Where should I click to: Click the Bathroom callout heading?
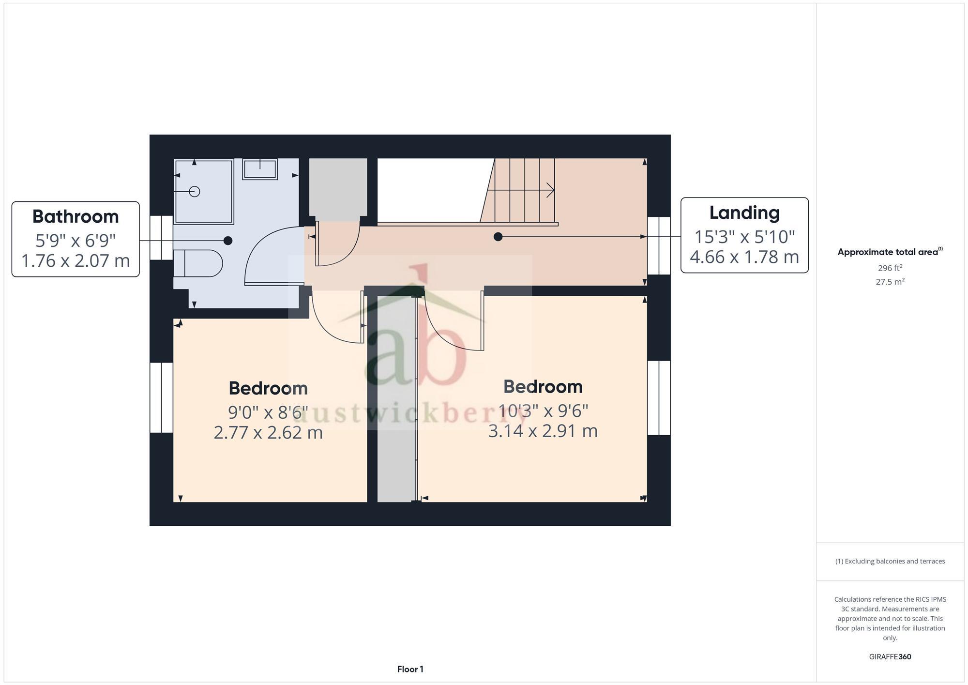pos(76,216)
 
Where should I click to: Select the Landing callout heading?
pos(744,213)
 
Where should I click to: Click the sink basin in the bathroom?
pos(260,169)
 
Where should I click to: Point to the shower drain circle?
pos(195,192)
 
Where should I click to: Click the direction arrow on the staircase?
pos(549,190)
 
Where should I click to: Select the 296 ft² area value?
pos(890,268)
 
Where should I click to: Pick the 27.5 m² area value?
pos(890,282)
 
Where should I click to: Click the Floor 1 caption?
pos(410,669)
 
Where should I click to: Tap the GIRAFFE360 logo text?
pos(890,657)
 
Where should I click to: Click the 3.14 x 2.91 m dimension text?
pos(543,431)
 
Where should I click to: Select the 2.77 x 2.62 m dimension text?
pos(268,432)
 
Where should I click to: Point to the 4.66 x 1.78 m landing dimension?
pos(744,257)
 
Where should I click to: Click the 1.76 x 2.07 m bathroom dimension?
pos(76,260)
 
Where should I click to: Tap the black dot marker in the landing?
pos(498,237)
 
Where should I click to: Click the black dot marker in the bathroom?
pos(228,241)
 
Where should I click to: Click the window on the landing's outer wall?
pos(659,245)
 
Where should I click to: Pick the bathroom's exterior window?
pos(161,238)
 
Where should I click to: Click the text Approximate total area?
pos(888,252)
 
